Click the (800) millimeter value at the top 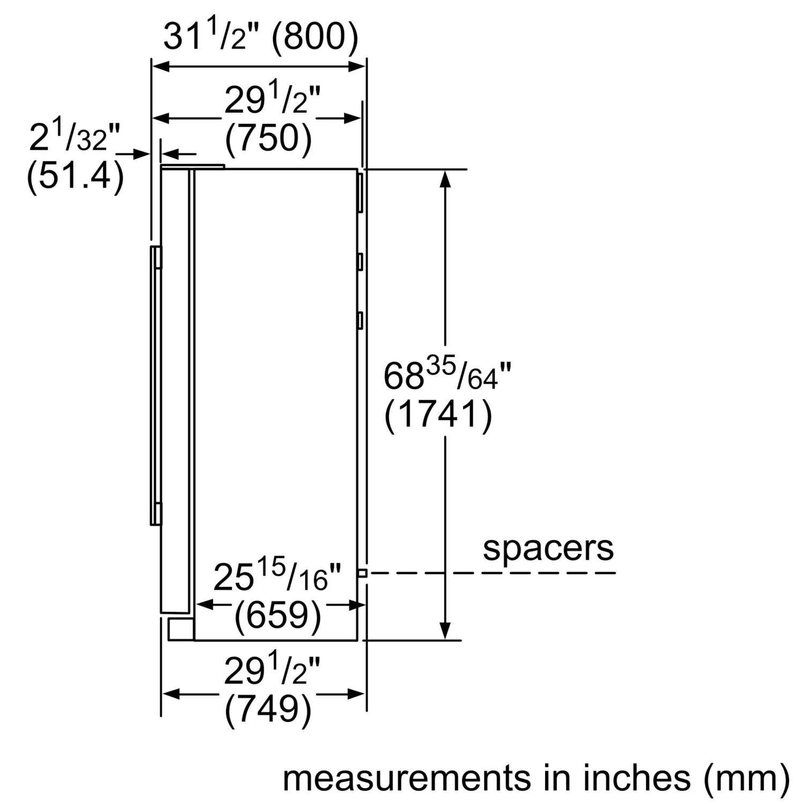tap(315, 38)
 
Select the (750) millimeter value tap(268, 139)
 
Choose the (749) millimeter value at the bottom tap(268, 710)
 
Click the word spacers tap(548, 548)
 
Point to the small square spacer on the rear tap(362, 573)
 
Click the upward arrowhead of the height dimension tap(444, 180)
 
